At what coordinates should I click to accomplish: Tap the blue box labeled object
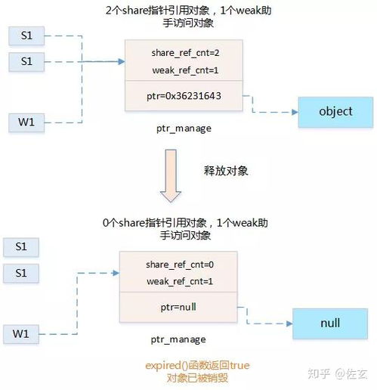pyautogui.click(x=335, y=111)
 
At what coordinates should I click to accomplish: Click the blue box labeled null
pyautogui.click(x=329, y=323)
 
